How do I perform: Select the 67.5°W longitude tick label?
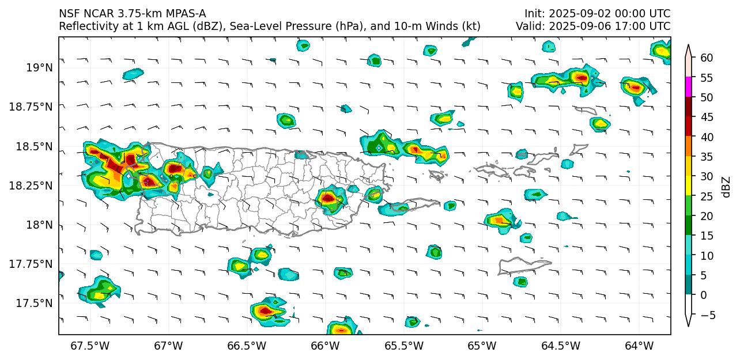pos(89,346)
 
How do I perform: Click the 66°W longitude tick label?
pos(324,346)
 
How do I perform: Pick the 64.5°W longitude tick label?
pos(560,346)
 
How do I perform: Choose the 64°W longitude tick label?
pos(639,346)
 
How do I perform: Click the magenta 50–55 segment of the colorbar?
pos(689,88)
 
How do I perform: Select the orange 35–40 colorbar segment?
pos(689,147)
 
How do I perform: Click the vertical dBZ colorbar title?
pos(726,187)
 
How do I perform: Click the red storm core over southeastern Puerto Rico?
pos(328,198)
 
